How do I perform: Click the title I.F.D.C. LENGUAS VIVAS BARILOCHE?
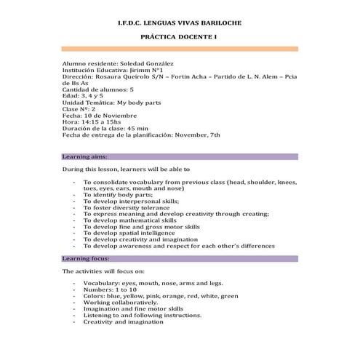click(179, 23)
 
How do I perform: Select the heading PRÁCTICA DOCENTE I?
click(179, 36)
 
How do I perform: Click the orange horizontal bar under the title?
click(179, 49)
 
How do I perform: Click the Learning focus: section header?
click(87, 258)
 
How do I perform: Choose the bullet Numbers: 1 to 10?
click(113, 289)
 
